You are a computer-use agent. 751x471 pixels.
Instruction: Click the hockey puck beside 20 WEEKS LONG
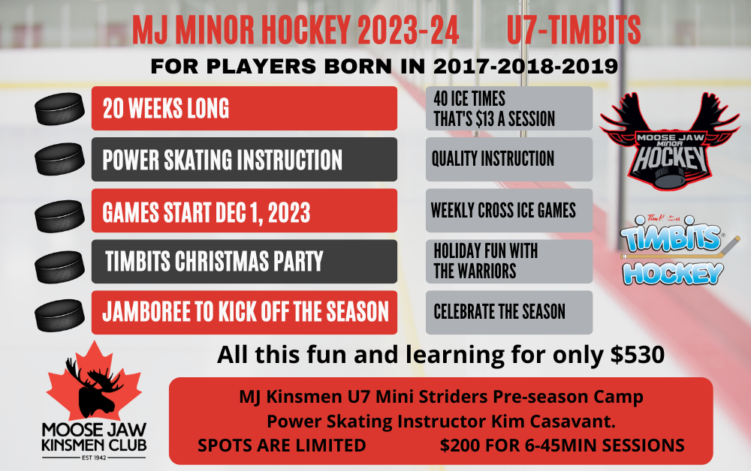(x=59, y=109)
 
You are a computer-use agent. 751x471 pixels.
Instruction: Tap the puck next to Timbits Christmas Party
(x=59, y=267)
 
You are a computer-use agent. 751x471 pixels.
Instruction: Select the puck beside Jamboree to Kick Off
(x=59, y=315)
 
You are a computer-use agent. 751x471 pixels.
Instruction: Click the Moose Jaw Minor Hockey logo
(x=670, y=142)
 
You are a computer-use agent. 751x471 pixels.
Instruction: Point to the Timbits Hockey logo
(x=675, y=250)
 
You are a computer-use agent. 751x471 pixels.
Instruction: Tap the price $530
(x=638, y=355)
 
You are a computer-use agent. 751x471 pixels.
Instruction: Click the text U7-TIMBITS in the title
(x=573, y=30)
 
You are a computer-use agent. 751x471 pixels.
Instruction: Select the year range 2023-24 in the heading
(x=408, y=30)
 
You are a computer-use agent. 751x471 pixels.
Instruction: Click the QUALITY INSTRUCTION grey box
(x=509, y=159)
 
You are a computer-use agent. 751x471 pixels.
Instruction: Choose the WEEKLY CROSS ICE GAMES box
(x=509, y=211)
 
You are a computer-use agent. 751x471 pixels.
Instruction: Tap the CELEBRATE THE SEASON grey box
(x=509, y=312)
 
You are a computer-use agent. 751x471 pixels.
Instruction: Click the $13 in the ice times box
(x=484, y=119)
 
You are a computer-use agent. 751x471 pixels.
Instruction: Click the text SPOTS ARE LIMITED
(x=282, y=445)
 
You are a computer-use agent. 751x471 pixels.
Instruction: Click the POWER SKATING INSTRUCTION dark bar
(x=244, y=159)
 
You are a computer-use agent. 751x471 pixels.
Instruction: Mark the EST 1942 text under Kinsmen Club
(x=94, y=457)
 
